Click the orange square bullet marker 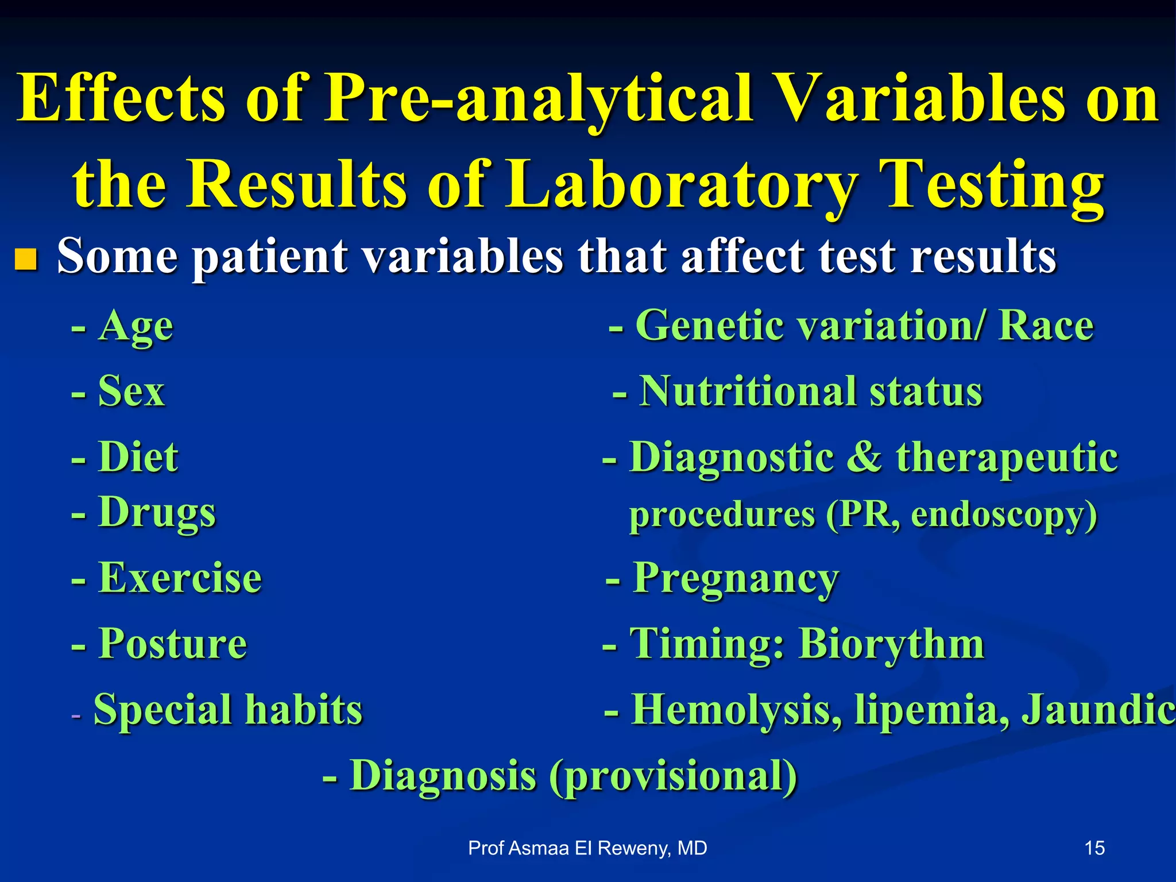[26, 259]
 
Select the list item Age [136, 326]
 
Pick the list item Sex [131, 392]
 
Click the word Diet [138, 458]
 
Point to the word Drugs [157, 512]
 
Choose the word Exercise [180, 578]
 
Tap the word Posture [172, 644]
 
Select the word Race [1046, 326]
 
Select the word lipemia [930, 710]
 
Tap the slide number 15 [1094, 848]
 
